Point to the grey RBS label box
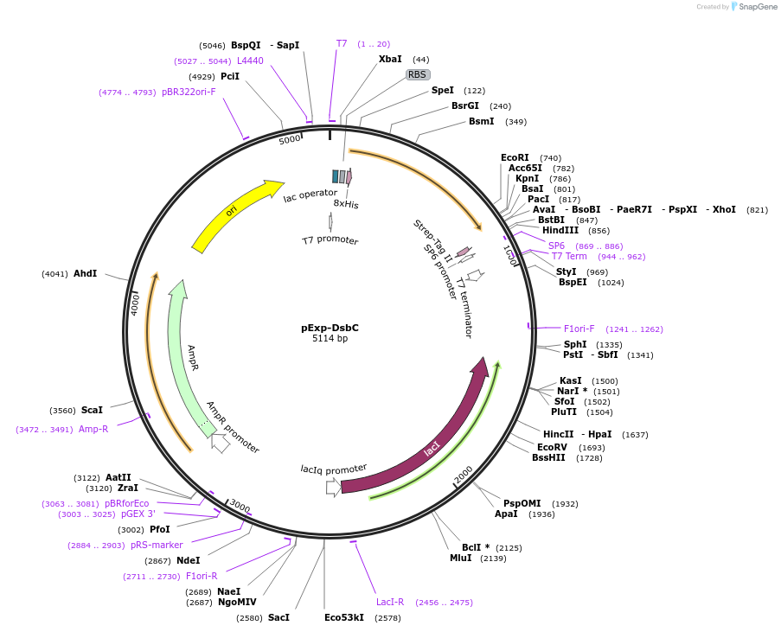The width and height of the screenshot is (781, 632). [x=418, y=74]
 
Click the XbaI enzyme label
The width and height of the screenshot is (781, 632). [x=390, y=59]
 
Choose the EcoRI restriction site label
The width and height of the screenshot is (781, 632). [x=515, y=157]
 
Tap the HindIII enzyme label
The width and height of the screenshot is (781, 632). [x=560, y=231]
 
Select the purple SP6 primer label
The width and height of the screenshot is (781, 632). [x=556, y=246]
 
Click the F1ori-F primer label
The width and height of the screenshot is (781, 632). [x=579, y=329]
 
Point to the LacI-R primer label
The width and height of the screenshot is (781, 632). [x=390, y=602]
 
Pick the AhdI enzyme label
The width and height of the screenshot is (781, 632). [x=86, y=273]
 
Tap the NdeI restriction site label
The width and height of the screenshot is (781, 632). [x=188, y=560]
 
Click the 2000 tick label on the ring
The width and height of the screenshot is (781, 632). [x=464, y=474]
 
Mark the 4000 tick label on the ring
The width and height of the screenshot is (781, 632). [x=135, y=303]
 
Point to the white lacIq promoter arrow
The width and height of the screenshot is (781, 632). [x=333, y=487]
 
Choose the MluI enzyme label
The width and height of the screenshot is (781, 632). [x=460, y=558]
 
